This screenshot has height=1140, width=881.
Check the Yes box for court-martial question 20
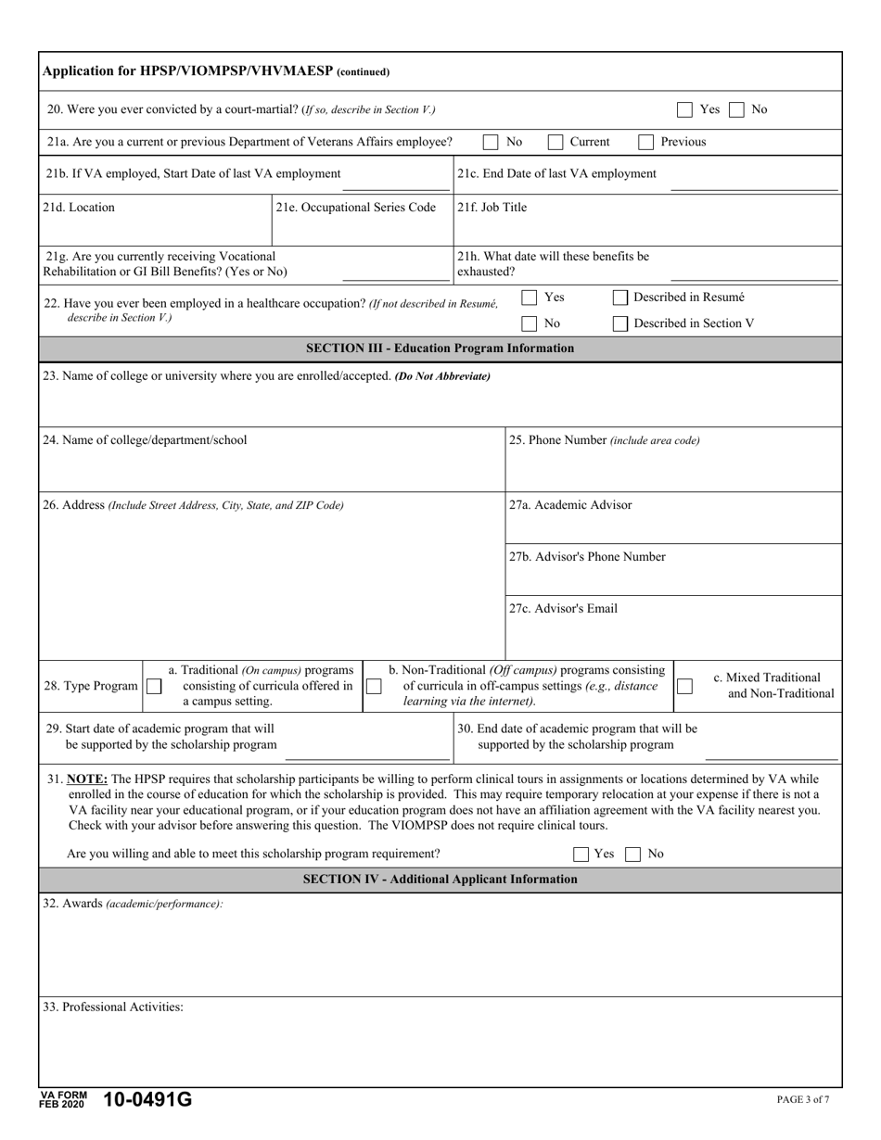[684, 109]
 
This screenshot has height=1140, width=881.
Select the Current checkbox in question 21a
[555, 143]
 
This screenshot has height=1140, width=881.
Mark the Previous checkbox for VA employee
[646, 143]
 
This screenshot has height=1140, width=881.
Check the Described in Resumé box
[620, 298]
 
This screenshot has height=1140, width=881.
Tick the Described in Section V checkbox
[620, 323]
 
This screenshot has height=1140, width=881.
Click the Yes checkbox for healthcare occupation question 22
[530, 298]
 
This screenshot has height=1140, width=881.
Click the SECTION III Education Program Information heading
[440, 348]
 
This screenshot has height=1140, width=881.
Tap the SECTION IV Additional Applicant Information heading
[440, 879]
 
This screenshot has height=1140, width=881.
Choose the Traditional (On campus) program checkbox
[154, 687]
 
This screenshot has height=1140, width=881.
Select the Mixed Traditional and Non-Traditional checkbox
[684, 687]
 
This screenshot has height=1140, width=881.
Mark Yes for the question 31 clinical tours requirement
[581, 855]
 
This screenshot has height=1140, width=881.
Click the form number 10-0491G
[148, 1100]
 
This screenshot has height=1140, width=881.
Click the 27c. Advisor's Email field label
[563, 609]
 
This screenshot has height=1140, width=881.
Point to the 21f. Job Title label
[492, 208]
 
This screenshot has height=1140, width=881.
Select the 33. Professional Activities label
[112, 1007]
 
